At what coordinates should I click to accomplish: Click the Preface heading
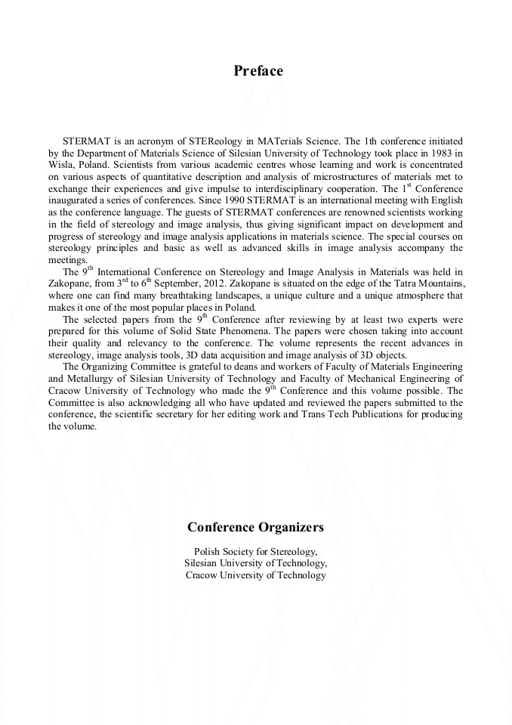[x=258, y=71]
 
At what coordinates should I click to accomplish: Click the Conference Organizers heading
[x=255, y=527]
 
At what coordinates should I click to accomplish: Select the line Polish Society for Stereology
[x=255, y=551]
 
